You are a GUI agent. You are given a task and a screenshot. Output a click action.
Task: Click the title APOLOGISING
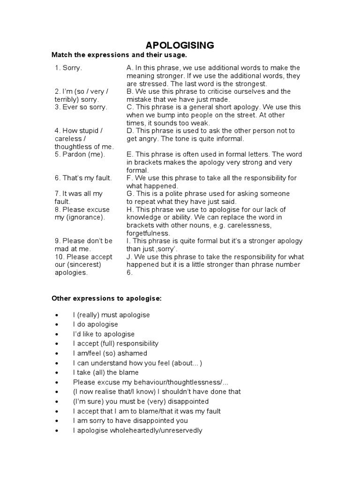pos(180,45)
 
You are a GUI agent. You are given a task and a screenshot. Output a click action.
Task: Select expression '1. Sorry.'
pos(68,68)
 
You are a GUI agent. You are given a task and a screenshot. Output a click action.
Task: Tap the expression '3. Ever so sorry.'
pos(81,107)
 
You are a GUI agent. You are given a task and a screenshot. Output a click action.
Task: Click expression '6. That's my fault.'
pos(83,178)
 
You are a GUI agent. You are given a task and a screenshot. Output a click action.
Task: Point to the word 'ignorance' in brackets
pos(88,217)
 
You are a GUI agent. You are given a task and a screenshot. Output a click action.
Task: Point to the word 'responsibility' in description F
pos(264,178)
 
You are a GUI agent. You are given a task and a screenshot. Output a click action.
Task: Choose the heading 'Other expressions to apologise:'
pos(106,299)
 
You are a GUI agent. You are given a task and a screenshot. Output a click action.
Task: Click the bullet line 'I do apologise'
pos(96,324)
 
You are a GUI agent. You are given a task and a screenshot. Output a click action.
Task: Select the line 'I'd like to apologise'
pos(104,334)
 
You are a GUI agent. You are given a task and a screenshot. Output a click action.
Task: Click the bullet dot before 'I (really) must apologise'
pos(57,315)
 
